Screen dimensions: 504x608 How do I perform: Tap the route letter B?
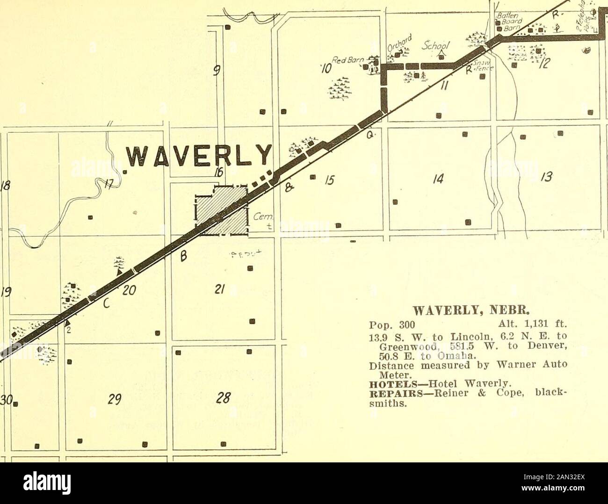click(x=184, y=256)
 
